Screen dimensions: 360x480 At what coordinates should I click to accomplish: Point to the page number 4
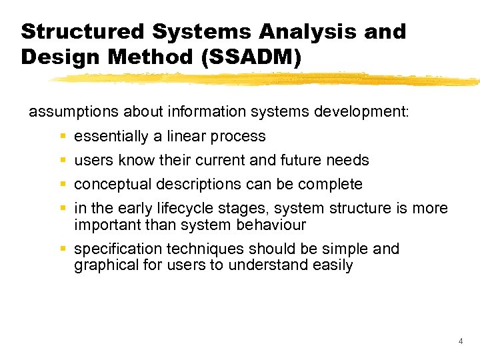[461, 341]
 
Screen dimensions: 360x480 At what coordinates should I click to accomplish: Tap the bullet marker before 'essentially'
[62, 137]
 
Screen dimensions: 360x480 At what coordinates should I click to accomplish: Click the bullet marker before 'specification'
[62, 249]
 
